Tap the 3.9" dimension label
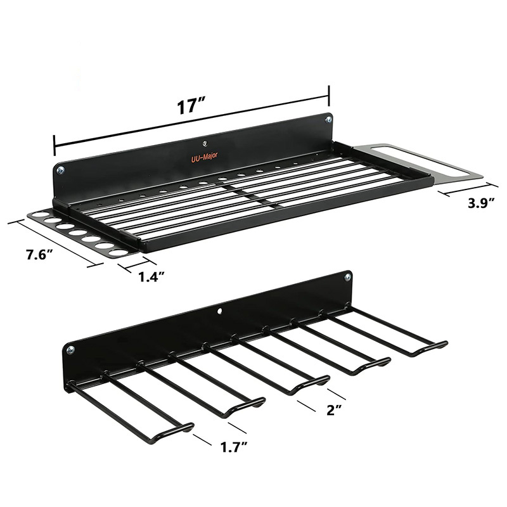click(x=479, y=204)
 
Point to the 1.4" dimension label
click(x=152, y=276)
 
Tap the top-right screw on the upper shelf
click(x=328, y=119)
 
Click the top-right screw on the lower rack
click(x=347, y=277)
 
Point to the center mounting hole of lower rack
click(x=219, y=311)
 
